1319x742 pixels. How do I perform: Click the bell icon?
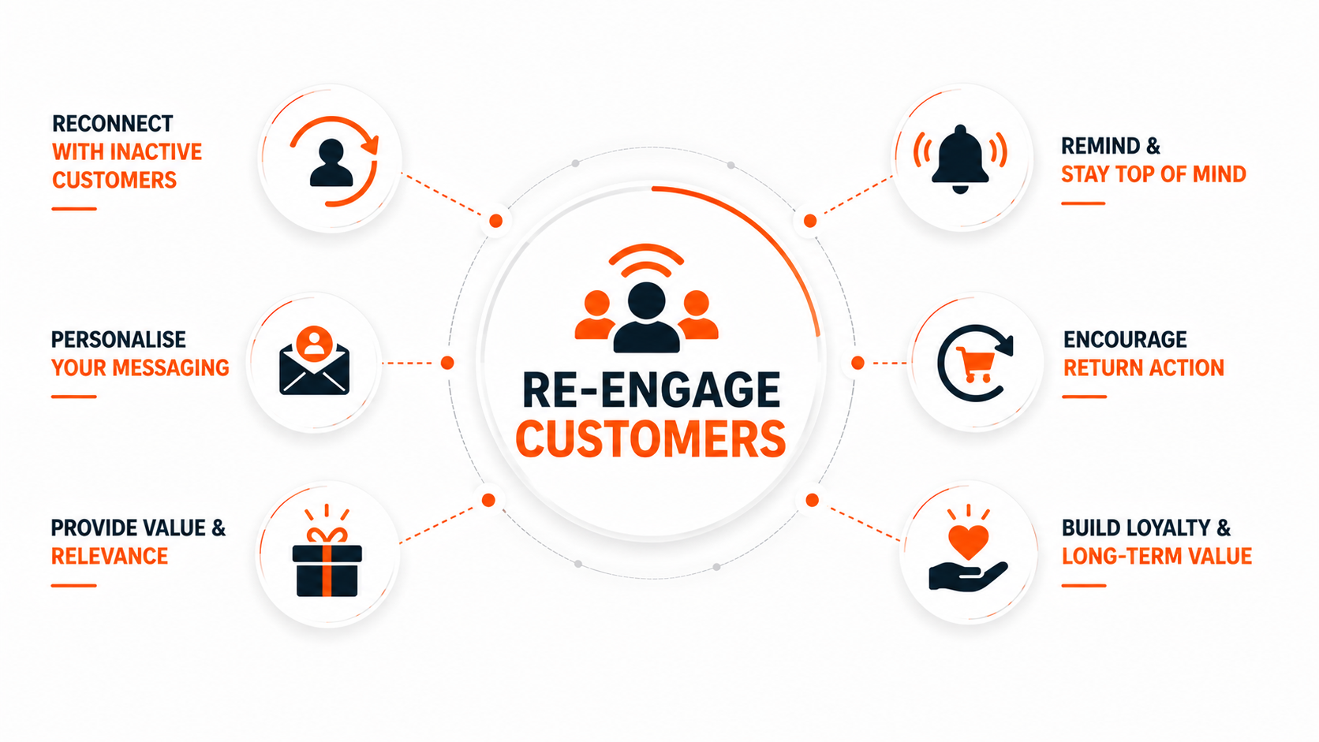pyautogui.click(x=960, y=158)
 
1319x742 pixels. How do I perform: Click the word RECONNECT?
pyautogui.click(x=113, y=124)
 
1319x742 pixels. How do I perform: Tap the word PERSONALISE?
pyautogui.click(x=118, y=340)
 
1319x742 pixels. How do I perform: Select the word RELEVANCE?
pyautogui.click(x=110, y=556)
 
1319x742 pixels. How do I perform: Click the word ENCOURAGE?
pyautogui.click(x=1125, y=340)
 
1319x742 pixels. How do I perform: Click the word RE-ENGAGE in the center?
pyautogui.click(x=652, y=390)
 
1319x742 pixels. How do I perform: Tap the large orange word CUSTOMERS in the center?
pyautogui.click(x=651, y=438)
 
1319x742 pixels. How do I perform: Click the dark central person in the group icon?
pyautogui.click(x=647, y=318)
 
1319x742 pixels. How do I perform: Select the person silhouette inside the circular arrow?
pyautogui.click(x=331, y=163)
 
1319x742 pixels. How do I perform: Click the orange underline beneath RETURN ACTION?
pyautogui.click(x=1085, y=397)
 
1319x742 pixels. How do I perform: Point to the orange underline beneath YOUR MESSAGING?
pyautogui.click(x=73, y=397)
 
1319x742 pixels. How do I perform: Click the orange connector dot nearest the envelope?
pyautogui.click(x=447, y=363)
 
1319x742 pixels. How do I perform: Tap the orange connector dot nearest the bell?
pyautogui.click(x=810, y=221)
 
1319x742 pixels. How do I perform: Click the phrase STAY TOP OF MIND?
pyautogui.click(x=1153, y=174)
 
